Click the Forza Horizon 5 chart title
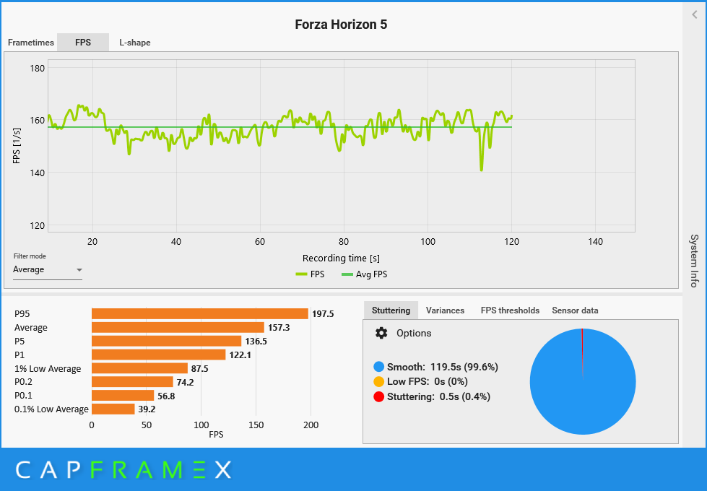coord(341,25)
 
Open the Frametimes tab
coord(31,43)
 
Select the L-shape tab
coord(135,43)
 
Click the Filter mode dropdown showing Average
coord(48,270)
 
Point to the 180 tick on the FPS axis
coord(37,68)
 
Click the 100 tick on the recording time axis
coord(428,242)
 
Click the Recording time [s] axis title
coord(342,258)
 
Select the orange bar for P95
coord(200,314)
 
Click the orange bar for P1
coord(159,355)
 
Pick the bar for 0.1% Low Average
coord(113,409)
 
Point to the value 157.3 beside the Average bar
coord(278,328)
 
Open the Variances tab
coord(445,310)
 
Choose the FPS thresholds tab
coord(510,310)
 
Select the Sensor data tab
coord(575,310)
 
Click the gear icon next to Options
coord(382,333)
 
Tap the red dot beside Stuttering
coord(379,396)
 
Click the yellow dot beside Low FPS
coord(379,381)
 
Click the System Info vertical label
coord(694,261)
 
